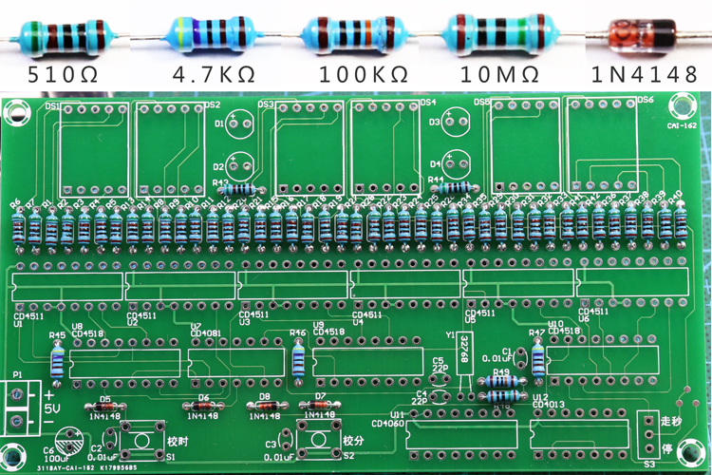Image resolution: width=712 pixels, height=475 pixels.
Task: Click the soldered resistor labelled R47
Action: (x=538, y=358)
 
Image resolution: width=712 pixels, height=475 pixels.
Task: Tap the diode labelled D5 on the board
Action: (x=105, y=406)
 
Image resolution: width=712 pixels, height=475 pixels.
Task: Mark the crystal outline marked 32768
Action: (x=464, y=350)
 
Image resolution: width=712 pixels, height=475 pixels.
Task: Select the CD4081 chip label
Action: (x=205, y=332)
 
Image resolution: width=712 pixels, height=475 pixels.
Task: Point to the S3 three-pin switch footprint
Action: (x=649, y=434)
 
